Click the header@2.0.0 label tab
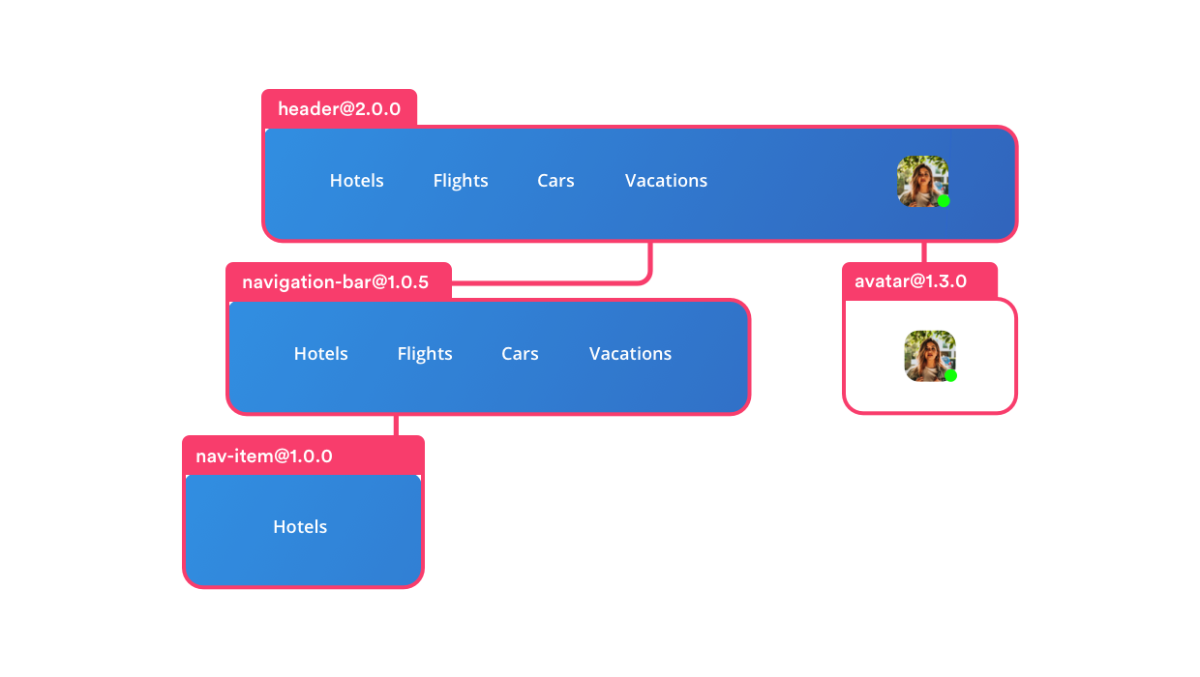339,109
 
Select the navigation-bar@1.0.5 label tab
336,282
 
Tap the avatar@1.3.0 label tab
911,281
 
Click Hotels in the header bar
357,181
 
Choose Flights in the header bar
461,181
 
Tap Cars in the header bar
556,181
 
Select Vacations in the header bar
666,181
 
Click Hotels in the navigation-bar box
321,354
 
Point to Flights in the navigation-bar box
425,354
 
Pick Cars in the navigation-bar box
520,354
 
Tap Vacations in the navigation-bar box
630,354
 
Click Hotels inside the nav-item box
300,527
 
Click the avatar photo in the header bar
922,181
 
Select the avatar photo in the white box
929,355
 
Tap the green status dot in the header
943,201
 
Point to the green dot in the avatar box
951,375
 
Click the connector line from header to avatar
924,252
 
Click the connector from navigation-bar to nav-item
395,426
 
